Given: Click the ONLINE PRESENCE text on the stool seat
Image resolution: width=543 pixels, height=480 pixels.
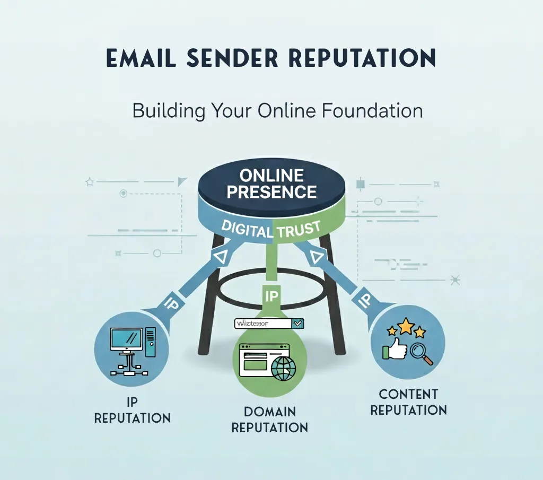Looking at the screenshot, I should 271,184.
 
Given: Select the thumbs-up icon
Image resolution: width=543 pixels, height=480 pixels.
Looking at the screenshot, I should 395,350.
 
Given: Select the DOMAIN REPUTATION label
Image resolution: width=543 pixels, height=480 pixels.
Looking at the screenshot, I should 270,419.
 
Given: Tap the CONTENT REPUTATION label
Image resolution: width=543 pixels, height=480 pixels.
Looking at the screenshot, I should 408,402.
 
